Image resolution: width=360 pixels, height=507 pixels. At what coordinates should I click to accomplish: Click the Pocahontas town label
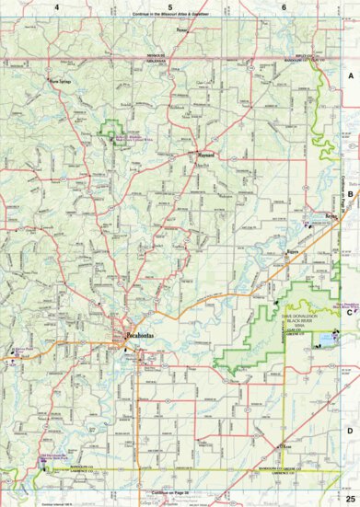(x=140, y=338)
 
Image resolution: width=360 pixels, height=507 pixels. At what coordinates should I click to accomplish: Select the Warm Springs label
(x=61, y=80)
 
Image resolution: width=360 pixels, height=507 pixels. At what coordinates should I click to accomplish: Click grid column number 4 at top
(x=56, y=7)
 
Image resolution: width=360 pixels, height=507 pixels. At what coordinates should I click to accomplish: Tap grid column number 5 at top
(x=169, y=7)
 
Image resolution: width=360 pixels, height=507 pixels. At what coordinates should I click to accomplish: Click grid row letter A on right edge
(x=349, y=79)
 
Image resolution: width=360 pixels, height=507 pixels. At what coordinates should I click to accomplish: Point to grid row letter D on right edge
(x=349, y=429)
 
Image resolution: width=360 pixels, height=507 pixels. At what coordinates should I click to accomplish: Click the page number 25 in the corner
(x=349, y=497)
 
